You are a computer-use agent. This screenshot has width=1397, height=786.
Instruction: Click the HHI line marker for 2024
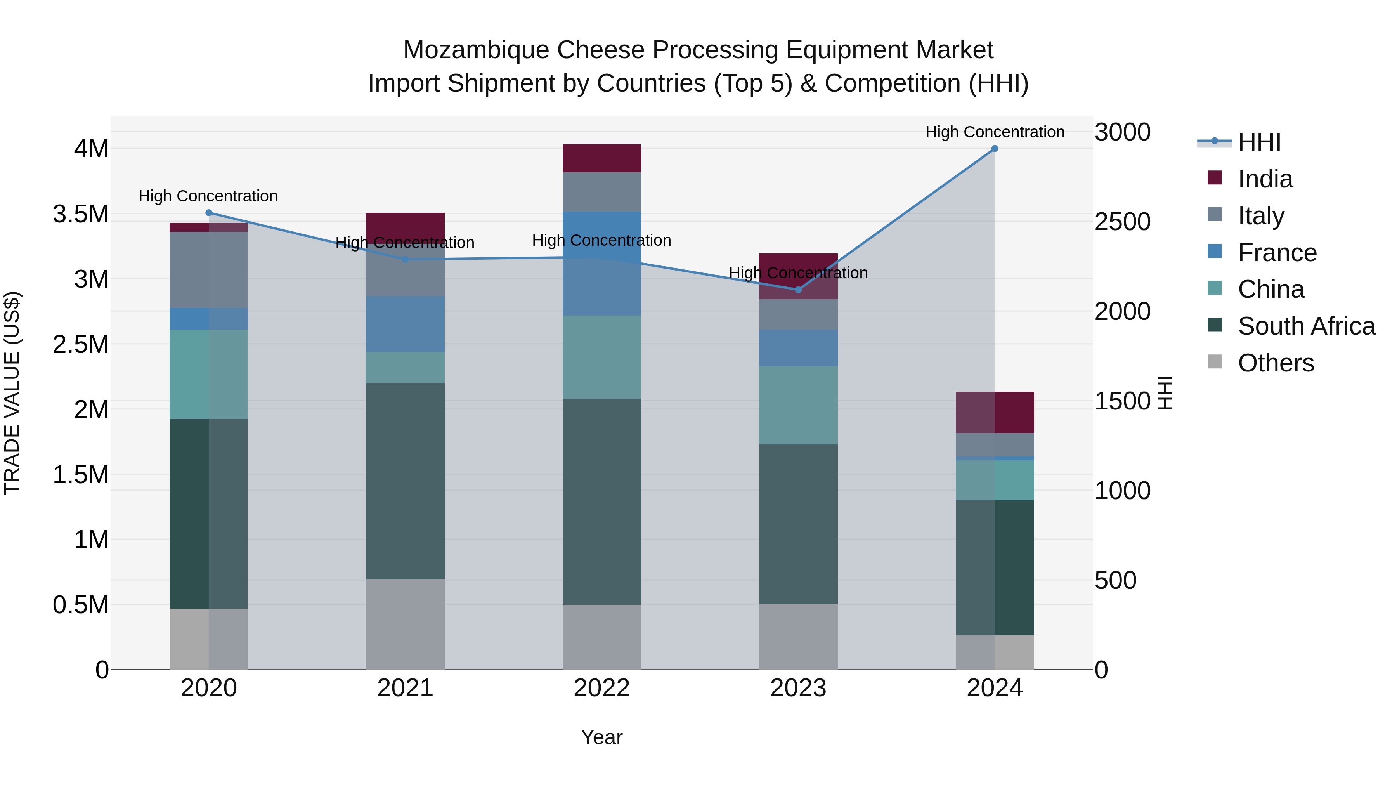pos(995,149)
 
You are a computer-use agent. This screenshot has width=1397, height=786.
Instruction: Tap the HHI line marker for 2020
pos(209,213)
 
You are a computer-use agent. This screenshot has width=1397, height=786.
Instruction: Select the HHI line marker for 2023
pos(798,290)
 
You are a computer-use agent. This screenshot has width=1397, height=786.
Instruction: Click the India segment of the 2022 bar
pos(601,158)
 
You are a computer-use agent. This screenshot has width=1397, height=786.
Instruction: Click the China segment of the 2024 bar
pos(995,480)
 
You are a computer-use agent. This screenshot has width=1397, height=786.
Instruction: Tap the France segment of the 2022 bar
pos(601,264)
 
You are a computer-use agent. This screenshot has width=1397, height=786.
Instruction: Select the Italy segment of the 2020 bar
pos(209,270)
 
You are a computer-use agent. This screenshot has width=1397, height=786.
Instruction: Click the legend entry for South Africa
pos(1306,326)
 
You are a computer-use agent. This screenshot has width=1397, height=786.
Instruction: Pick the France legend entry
pos(1277,253)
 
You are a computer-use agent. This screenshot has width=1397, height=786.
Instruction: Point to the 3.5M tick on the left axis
pos(80,214)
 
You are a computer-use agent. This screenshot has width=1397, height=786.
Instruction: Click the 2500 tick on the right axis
pos(1122,222)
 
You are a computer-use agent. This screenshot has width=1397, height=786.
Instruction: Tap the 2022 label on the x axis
pos(601,688)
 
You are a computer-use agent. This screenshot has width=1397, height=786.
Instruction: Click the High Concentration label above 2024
pos(995,132)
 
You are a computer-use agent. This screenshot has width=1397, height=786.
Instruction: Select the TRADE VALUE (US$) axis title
pos(12,393)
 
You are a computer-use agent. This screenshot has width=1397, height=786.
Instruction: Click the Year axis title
pos(601,737)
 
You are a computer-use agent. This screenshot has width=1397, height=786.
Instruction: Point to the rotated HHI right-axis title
pos(1165,393)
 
